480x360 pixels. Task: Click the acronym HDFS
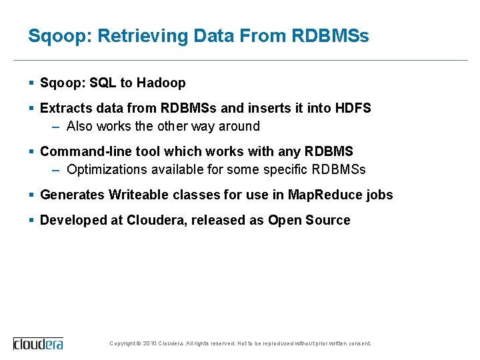tap(353, 108)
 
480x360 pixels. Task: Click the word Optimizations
tap(107, 169)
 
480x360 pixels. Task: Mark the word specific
tap(283, 169)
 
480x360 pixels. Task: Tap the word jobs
tap(380, 195)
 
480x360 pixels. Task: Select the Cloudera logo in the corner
tap(39, 343)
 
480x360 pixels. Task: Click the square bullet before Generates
tap(32, 195)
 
